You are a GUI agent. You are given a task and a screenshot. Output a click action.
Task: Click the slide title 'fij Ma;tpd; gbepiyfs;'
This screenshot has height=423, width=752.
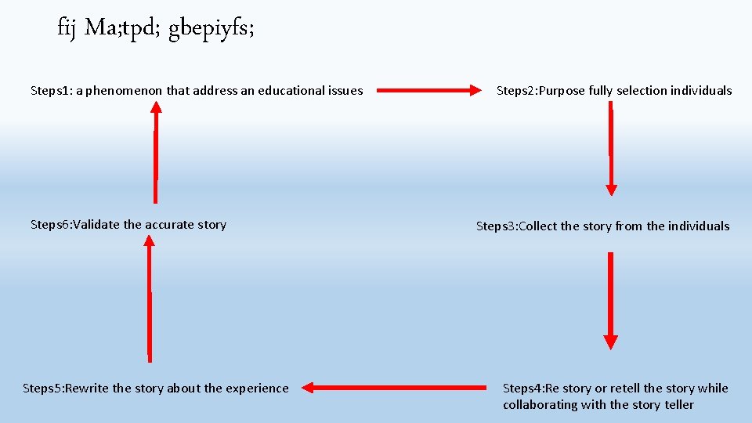tap(156, 29)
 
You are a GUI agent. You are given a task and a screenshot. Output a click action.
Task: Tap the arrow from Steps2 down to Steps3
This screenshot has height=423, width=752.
tap(611, 149)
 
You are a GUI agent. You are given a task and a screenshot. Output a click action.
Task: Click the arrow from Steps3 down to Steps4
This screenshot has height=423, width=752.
tap(611, 301)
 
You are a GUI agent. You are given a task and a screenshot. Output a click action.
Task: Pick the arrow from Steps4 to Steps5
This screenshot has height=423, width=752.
tap(394, 387)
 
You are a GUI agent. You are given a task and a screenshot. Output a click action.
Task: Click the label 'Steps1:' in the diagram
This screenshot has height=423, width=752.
tap(51, 91)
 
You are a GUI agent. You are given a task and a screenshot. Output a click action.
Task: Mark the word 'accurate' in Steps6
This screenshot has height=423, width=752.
tap(169, 225)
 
